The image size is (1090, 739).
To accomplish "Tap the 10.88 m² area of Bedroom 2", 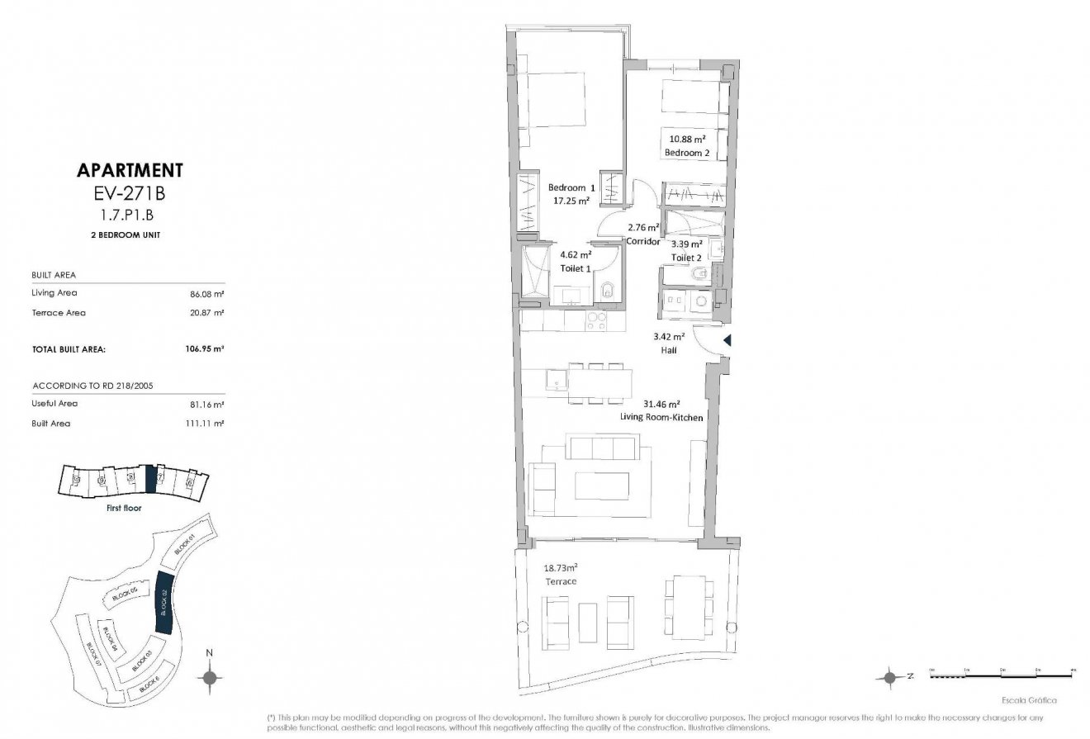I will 686,140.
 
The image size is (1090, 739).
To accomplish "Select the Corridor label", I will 642,242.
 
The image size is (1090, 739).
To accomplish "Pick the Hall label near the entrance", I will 668,350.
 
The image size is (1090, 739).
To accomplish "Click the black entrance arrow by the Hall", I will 727,340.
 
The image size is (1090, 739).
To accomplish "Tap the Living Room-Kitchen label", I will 661,418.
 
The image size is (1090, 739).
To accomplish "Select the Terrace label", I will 559,581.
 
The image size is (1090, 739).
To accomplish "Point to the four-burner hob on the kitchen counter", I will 596,321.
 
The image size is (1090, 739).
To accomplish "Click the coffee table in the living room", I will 602,486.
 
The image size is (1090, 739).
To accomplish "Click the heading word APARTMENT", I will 130,171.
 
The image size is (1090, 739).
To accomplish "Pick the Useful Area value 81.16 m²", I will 208,404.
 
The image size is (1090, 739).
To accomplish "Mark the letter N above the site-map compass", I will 210,653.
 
